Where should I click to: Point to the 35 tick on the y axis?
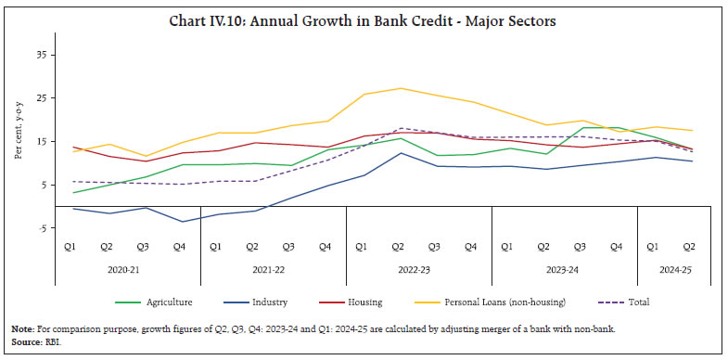coord(41,55)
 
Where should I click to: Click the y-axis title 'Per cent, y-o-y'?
coord(18,139)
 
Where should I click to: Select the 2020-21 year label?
coord(127,270)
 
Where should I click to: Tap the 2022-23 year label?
coord(418,270)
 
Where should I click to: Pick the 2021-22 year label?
coord(273,270)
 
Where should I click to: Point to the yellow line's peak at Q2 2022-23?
coord(400,88)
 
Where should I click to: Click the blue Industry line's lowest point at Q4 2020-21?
coord(181,222)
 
